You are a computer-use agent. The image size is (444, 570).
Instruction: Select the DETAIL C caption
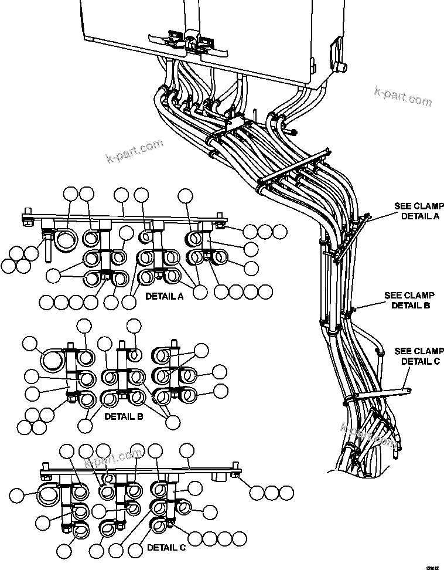(166, 548)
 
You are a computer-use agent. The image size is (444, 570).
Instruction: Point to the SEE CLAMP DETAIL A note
(419, 211)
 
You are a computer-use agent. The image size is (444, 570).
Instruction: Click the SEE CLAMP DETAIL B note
(410, 300)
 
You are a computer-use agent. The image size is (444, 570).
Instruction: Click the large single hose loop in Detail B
(53, 359)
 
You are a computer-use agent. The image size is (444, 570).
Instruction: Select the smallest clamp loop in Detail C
(108, 479)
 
